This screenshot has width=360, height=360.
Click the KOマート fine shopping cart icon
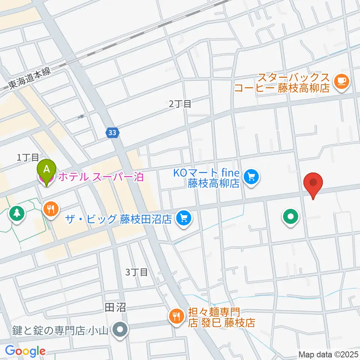pyautogui.click(x=251, y=177)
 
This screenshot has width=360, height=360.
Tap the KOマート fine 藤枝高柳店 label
pyautogui.click(x=206, y=178)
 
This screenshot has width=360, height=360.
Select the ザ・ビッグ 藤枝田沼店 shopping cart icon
pyautogui.click(x=183, y=218)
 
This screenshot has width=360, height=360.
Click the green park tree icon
pyautogui.click(x=16, y=213)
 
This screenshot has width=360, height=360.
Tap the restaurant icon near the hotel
pyautogui.click(x=50, y=208)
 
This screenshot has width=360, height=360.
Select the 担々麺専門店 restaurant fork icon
pyautogui.click(x=175, y=316)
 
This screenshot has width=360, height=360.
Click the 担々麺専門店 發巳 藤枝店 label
pyautogui.click(x=219, y=317)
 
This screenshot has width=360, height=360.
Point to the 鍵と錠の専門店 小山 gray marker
pyautogui.click(x=121, y=330)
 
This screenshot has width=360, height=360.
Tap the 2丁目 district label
pyautogui.click(x=180, y=104)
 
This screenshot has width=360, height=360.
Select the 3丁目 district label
pyautogui.click(x=136, y=272)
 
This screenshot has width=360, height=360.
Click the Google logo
pyautogui.click(x=25, y=351)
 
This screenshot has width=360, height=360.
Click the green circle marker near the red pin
pyautogui.click(x=291, y=217)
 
